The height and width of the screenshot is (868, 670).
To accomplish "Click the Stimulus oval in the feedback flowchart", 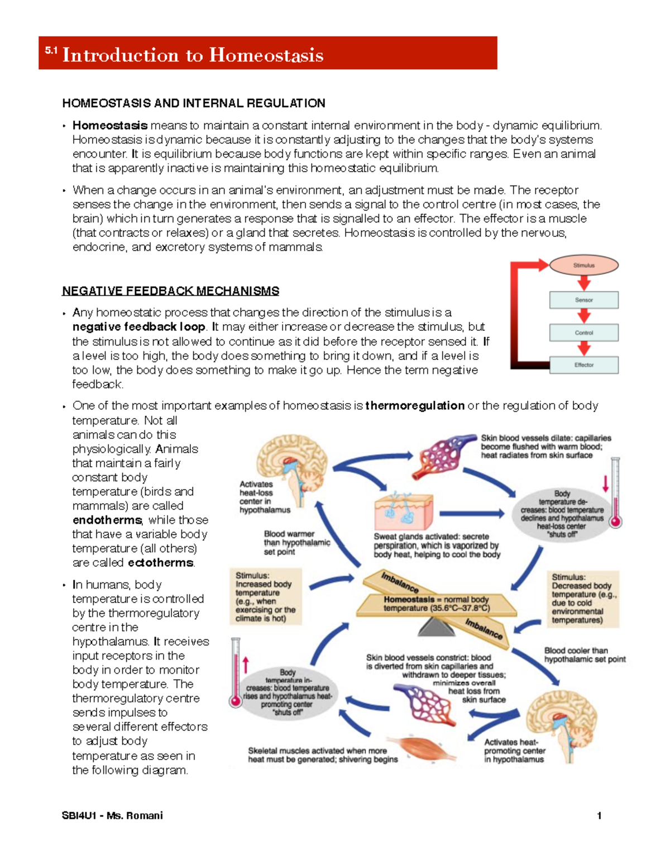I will [583, 265].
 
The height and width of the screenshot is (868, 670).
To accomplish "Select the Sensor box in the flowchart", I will [583, 300].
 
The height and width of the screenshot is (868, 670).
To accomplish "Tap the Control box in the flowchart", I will [583, 333].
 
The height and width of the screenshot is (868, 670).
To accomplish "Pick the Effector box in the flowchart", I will [583, 365].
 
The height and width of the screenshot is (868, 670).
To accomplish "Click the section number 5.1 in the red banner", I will [51, 51].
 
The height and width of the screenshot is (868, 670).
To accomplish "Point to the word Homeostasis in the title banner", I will [266, 55].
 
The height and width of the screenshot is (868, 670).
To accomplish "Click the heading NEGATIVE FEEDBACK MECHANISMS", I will [170, 291].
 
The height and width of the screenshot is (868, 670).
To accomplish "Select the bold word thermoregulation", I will [415, 406].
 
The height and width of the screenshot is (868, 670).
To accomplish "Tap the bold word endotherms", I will [107, 520].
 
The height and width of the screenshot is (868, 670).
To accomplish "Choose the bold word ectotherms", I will [161, 563].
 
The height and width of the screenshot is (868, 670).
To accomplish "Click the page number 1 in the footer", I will [599, 815].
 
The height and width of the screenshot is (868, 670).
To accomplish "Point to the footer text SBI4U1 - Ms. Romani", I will [112, 815].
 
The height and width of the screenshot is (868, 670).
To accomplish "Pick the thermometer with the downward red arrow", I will [615, 492].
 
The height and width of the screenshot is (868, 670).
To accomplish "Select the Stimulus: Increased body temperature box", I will [266, 596].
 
